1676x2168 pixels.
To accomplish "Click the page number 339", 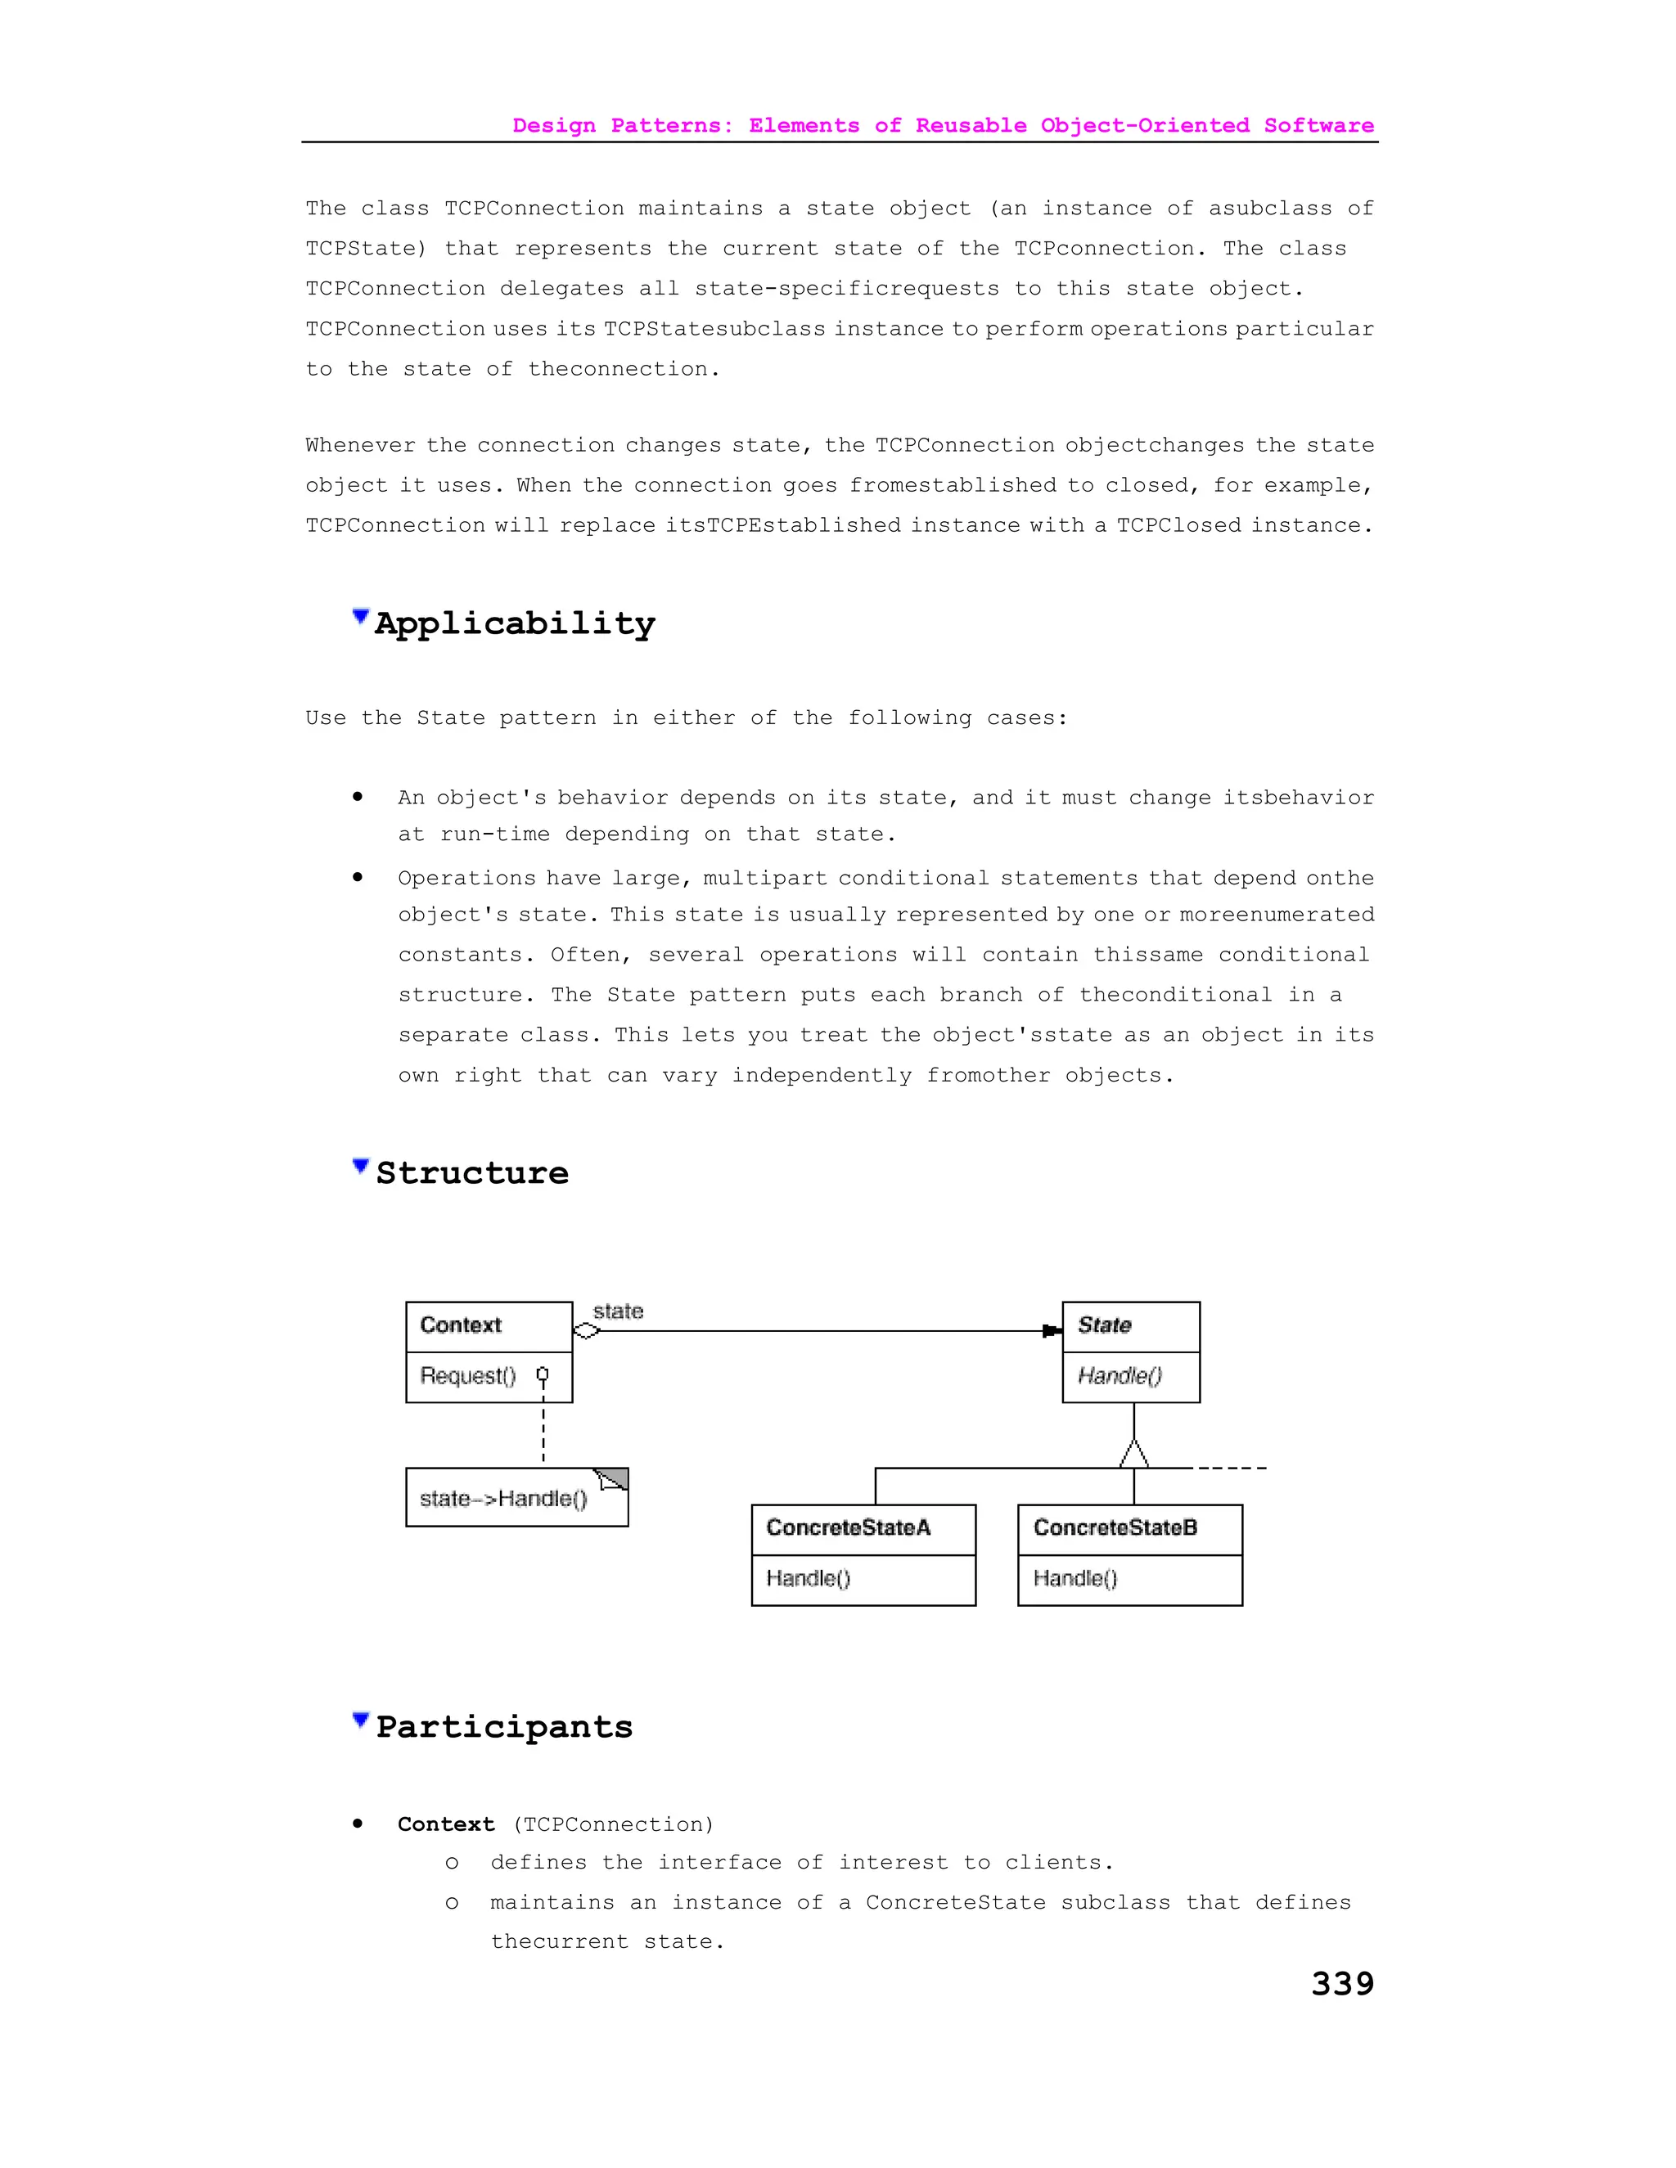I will (x=1341, y=1983).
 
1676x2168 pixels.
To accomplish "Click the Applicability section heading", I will (x=514, y=624).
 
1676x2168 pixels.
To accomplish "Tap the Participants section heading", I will (x=503, y=1727).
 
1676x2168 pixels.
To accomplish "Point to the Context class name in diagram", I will (x=461, y=1325).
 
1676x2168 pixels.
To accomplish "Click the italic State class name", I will (x=1104, y=1325).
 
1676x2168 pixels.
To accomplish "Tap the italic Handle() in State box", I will (x=1119, y=1376).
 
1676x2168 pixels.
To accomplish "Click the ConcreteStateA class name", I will (x=848, y=1527).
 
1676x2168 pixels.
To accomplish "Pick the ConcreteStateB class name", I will (x=1115, y=1527).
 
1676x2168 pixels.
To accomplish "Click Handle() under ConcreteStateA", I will (x=809, y=1578).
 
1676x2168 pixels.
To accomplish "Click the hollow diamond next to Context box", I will (x=587, y=1331).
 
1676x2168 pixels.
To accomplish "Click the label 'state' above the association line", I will (x=618, y=1311).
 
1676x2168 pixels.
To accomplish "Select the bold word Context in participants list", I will (x=446, y=1824).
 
